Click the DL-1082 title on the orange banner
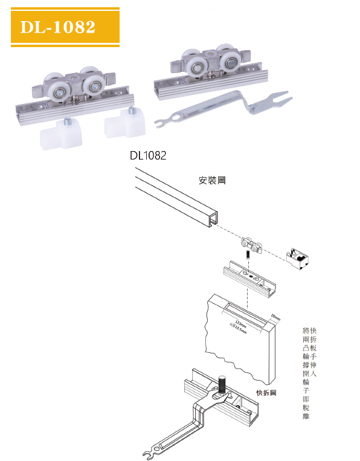point(58,27)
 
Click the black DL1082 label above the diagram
point(147,155)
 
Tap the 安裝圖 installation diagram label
point(211,180)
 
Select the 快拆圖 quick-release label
point(266,392)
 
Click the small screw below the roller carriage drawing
point(248,259)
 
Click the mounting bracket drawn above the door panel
point(248,277)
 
